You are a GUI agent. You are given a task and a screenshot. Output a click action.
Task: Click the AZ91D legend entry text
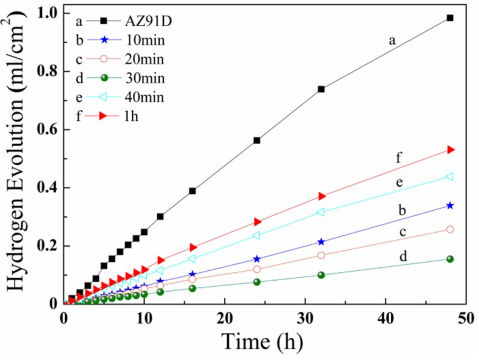click(148, 21)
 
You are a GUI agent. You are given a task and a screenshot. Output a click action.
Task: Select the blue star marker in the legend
click(104, 40)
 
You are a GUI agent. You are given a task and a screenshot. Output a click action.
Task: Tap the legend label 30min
click(145, 78)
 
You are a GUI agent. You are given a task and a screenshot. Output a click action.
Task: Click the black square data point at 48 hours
click(450, 18)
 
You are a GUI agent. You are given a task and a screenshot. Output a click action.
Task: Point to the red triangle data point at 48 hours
click(450, 149)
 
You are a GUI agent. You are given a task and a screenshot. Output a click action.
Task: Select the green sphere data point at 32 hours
click(321, 275)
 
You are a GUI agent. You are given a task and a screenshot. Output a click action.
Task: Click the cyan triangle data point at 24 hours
click(256, 235)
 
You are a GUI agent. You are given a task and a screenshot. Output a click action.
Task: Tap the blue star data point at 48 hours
click(450, 206)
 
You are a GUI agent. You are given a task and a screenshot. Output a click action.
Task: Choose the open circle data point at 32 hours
click(321, 255)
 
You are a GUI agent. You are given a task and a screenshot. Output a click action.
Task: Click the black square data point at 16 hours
click(192, 191)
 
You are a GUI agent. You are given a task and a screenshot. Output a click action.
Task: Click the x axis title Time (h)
click(262, 341)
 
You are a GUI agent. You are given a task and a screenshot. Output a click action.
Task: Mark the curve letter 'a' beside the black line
click(392, 40)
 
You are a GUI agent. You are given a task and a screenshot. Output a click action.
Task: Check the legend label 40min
click(144, 97)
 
